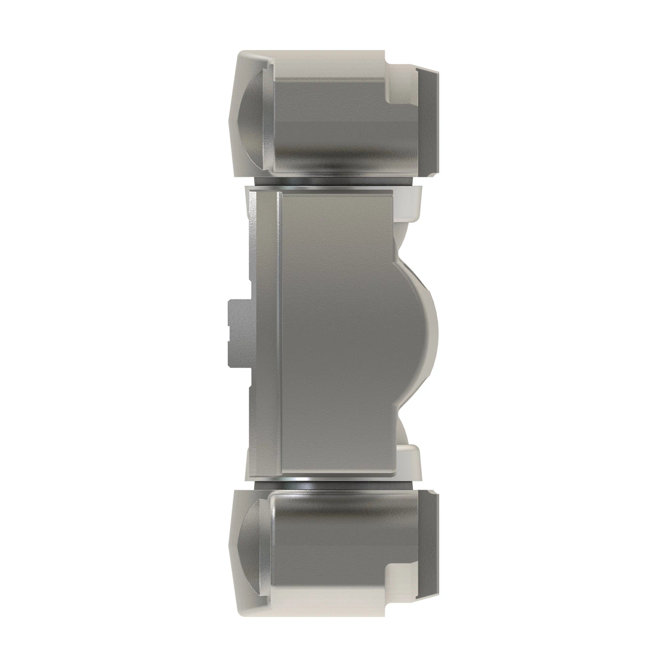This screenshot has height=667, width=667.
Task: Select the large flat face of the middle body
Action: [x=333, y=333]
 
